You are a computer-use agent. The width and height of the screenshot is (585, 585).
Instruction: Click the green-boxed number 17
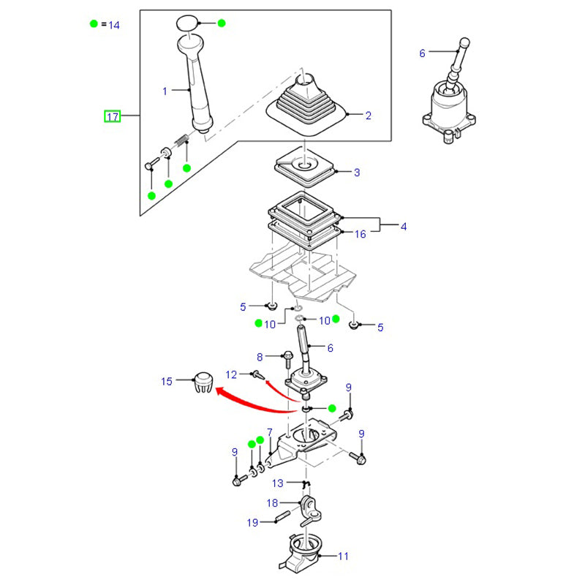tap(112, 116)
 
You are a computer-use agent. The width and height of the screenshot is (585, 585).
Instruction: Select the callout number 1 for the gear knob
tap(165, 91)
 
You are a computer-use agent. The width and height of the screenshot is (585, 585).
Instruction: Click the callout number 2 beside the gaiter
tap(368, 116)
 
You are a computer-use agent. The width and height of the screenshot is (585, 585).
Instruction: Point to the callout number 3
tap(357, 173)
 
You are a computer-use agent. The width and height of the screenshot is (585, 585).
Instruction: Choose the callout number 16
tap(361, 235)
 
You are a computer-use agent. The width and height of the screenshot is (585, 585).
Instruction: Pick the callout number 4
tap(403, 227)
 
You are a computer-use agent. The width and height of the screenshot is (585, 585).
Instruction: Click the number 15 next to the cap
tap(167, 381)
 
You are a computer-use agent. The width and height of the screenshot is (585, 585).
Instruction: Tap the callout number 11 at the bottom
tap(343, 556)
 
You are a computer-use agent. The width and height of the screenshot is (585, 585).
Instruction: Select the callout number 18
tap(272, 503)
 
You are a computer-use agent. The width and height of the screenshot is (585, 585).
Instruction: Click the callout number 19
tap(252, 522)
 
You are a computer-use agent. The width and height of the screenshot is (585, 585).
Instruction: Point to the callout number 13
tap(278, 483)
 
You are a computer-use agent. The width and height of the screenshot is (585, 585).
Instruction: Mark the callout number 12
tap(232, 374)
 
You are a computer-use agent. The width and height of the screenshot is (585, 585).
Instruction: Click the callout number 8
tap(259, 357)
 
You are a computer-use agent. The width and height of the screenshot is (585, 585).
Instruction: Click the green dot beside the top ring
tap(222, 23)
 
